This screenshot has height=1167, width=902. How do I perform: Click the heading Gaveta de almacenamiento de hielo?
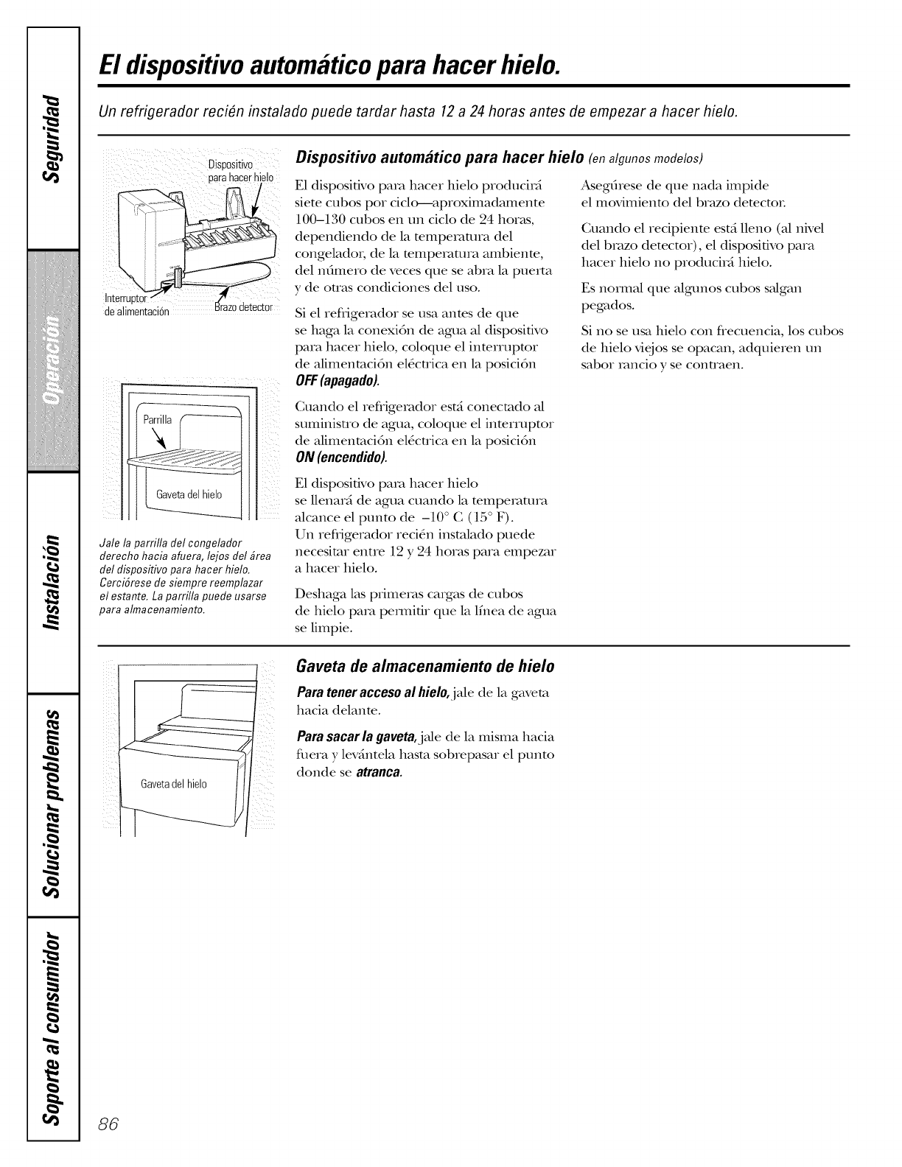pos(424,667)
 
